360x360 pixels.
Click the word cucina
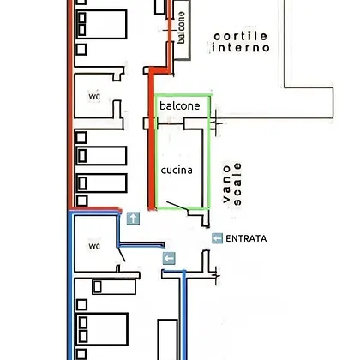tap(177, 171)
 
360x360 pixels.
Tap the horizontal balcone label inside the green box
tap(180, 105)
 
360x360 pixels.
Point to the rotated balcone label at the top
tap(181, 27)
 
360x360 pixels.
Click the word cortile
tap(241, 36)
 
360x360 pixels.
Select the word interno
tap(241, 47)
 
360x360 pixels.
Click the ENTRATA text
tap(246, 238)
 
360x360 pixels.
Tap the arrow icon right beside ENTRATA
tap(217, 238)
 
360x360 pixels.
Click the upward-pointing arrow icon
tap(133, 219)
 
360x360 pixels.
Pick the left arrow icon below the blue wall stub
tap(169, 259)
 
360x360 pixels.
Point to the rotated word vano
tap(226, 184)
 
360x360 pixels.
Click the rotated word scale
tap(237, 184)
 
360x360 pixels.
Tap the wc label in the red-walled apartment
tap(94, 97)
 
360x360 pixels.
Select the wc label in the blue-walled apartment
tap(94, 246)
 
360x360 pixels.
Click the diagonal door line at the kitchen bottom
tap(177, 206)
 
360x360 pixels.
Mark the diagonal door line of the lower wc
tap(122, 255)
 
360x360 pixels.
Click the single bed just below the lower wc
tap(114, 287)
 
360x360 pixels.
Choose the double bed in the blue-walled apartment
tap(101, 329)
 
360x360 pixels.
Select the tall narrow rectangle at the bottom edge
tap(168, 340)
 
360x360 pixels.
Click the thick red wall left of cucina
tap(152, 140)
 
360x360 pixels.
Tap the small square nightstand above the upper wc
tap(81, 50)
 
